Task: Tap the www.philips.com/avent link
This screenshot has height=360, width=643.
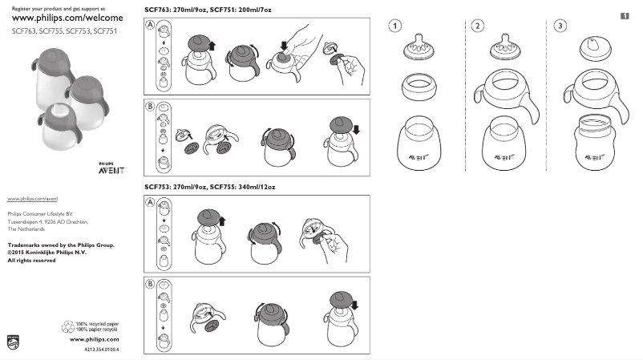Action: click(32, 197)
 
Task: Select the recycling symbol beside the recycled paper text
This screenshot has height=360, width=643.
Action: click(67, 326)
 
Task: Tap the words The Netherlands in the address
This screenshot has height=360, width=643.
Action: click(26, 229)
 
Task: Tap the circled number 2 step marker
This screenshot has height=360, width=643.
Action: click(478, 26)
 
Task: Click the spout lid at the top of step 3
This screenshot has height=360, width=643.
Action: click(594, 48)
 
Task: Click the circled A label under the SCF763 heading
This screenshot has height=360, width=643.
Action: click(150, 26)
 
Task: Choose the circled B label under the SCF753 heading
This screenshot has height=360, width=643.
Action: click(150, 284)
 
